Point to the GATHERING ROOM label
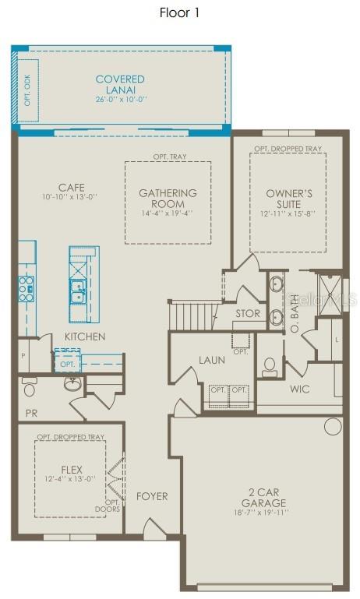click(x=168, y=198)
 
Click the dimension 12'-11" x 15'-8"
click(x=288, y=213)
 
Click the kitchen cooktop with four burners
click(x=26, y=287)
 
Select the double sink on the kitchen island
click(x=79, y=291)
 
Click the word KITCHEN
click(x=85, y=336)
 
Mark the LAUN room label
click(x=211, y=360)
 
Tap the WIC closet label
click(x=301, y=387)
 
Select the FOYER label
click(x=152, y=496)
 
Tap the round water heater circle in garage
click(x=333, y=426)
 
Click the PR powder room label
click(x=30, y=413)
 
